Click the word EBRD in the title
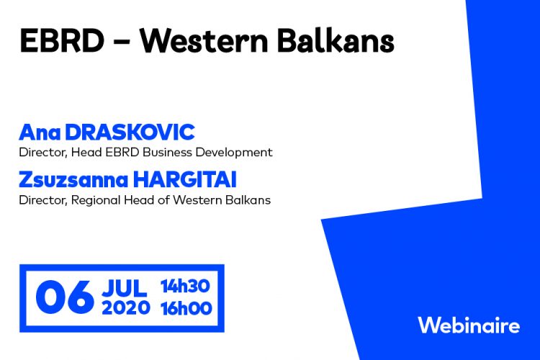(62, 40)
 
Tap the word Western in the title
(204, 40)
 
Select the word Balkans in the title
(336, 40)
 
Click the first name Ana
(40, 132)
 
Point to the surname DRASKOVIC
(130, 132)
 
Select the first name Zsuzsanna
(73, 180)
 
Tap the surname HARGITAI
(185, 180)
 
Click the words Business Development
(207, 152)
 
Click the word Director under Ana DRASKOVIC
(42, 152)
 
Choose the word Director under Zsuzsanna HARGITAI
(42, 200)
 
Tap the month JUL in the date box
(125, 288)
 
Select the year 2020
(126, 307)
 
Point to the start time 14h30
(185, 287)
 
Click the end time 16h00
(186, 308)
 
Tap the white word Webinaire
(469, 325)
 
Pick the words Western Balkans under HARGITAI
(222, 200)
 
